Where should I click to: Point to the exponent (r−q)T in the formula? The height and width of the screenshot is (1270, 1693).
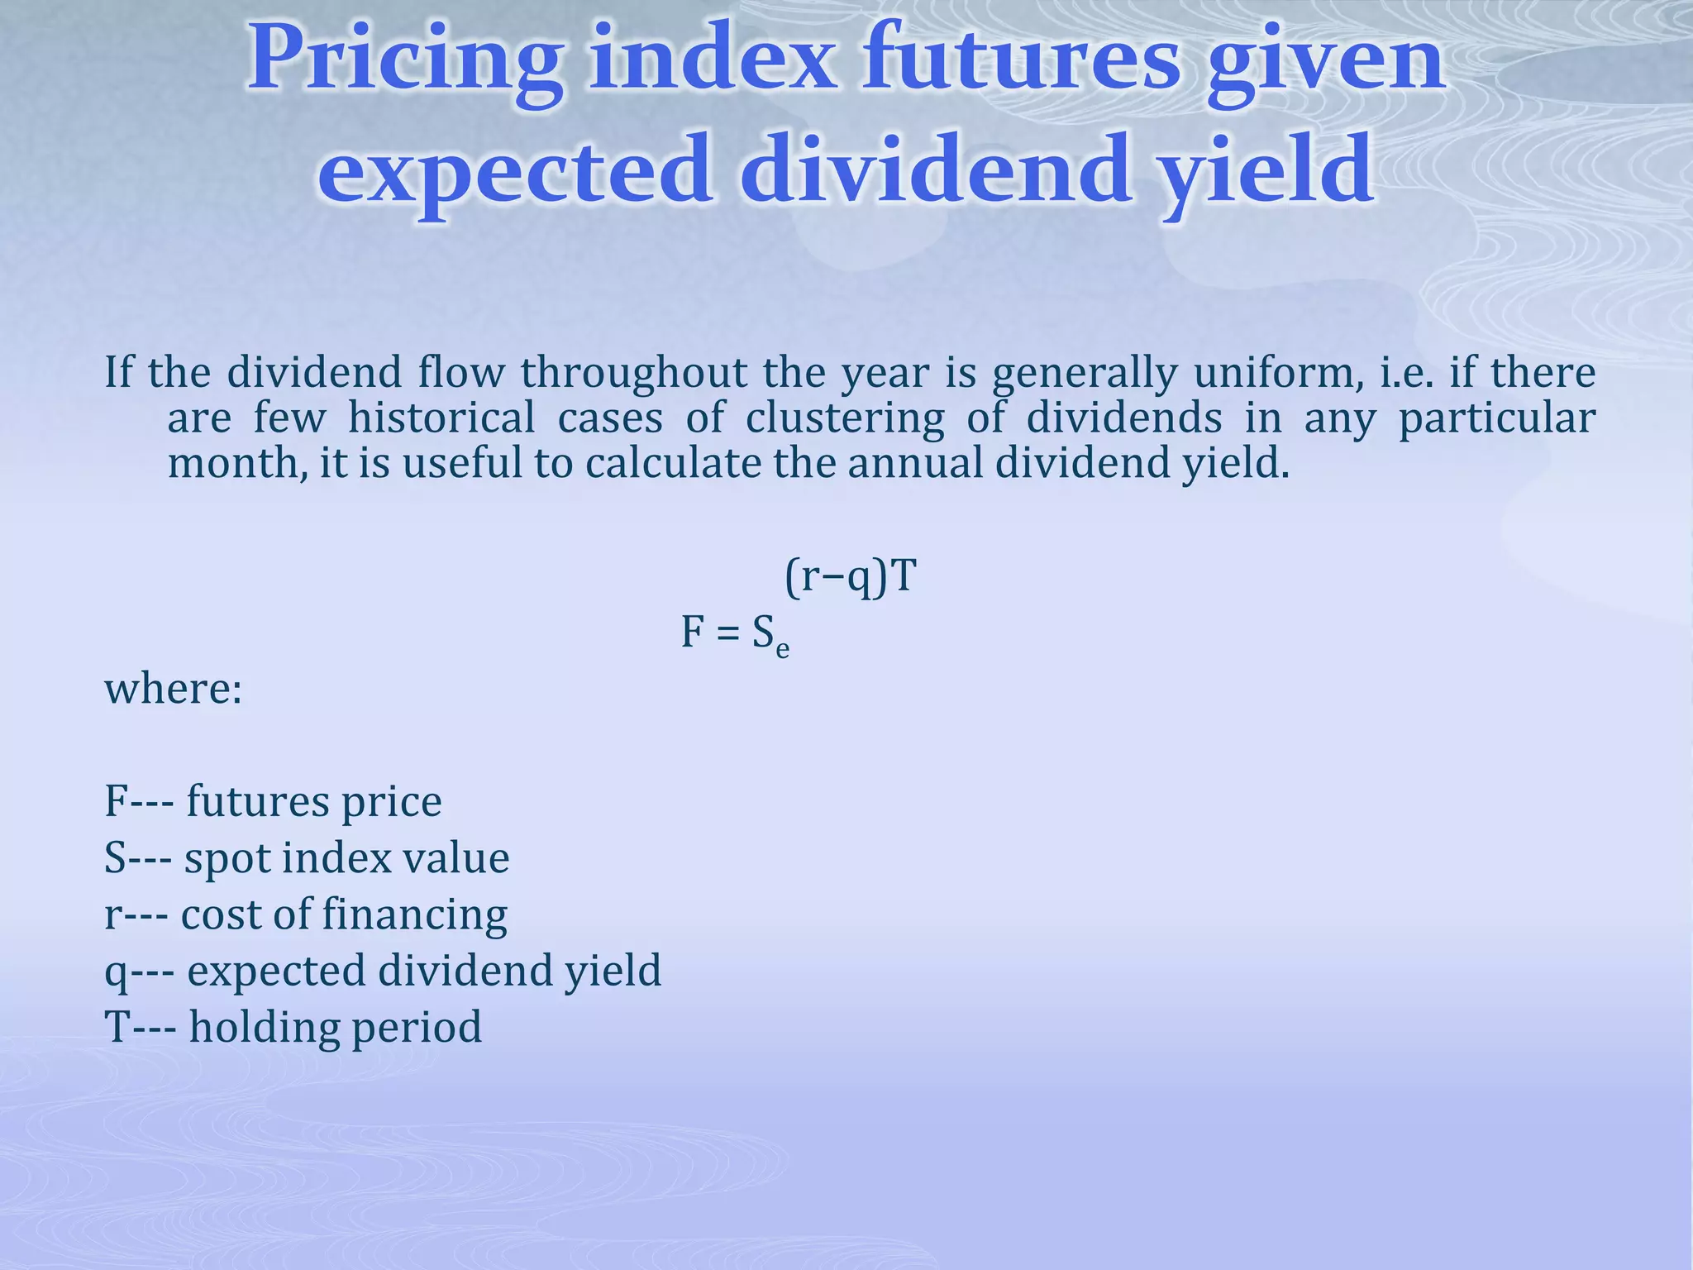click(851, 576)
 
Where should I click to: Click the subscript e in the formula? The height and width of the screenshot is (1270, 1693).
click(782, 651)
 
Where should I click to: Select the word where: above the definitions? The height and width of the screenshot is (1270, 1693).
click(174, 688)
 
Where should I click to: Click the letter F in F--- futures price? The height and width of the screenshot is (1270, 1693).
click(114, 801)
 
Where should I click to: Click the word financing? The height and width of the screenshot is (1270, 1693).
click(414, 915)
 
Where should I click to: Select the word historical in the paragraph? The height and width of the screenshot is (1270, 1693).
click(441, 418)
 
